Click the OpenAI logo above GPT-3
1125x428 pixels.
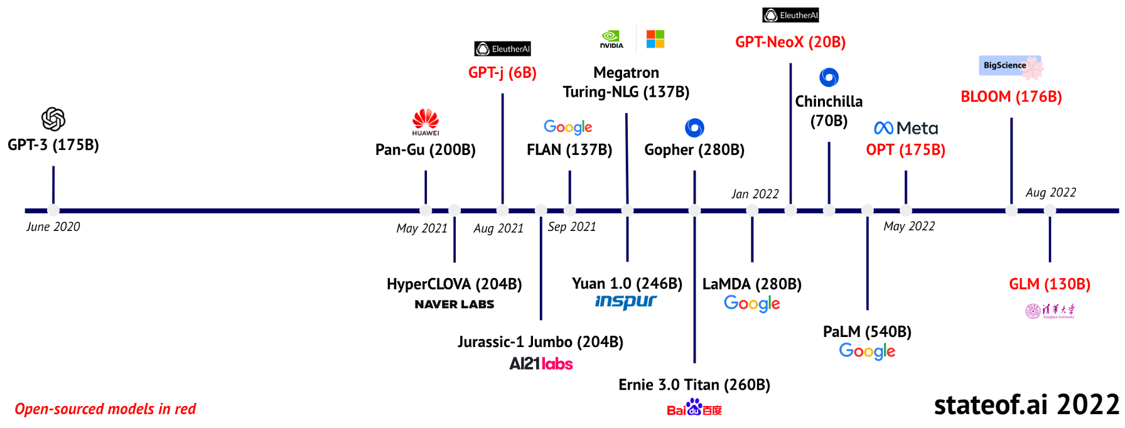click(53, 119)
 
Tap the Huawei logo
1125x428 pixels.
click(426, 122)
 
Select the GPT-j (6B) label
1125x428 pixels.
click(502, 73)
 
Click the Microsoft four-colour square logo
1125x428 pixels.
click(655, 39)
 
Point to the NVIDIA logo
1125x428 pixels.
click(611, 39)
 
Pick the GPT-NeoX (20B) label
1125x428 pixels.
click(790, 42)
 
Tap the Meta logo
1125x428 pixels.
click(906, 128)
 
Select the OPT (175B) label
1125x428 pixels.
click(905, 149)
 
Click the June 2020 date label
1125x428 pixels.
click(53, 227)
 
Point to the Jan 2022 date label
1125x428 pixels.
click(755, 194)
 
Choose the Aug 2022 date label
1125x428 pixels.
click(1050, 192)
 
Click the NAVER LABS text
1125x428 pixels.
click(455, 304)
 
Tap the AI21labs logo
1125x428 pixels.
click(541, 364)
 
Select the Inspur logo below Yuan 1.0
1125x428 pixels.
click(626, 302)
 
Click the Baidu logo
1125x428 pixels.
click(694, 408)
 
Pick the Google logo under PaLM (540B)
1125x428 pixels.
click(867, 351)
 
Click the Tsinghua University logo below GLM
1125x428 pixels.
click(1050, 311)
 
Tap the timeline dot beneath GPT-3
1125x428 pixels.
click(53, 211)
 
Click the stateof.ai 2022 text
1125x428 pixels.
click(1026, 405)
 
